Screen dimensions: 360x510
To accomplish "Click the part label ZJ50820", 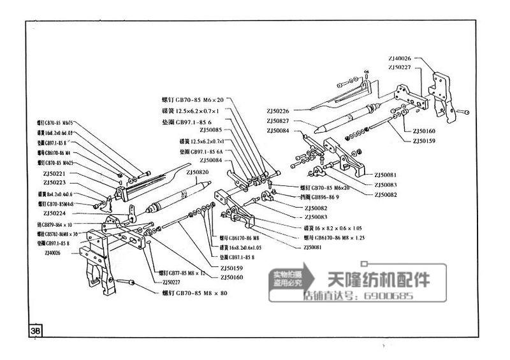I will tap(198, 172).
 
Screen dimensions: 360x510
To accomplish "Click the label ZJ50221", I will tap(55, 173).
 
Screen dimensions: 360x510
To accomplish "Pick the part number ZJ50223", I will tap(55, 182).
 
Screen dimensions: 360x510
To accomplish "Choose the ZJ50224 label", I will tap(55, 213).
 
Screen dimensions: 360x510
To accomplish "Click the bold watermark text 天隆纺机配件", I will tap(378, 280).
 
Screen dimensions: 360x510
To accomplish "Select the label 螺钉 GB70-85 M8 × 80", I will tap(194, 293).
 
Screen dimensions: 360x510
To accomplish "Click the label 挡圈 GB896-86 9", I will tap(322, 198).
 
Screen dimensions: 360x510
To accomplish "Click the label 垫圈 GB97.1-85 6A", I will tap(201, 152).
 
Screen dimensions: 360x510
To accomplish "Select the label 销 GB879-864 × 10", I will tap(55, 224).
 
